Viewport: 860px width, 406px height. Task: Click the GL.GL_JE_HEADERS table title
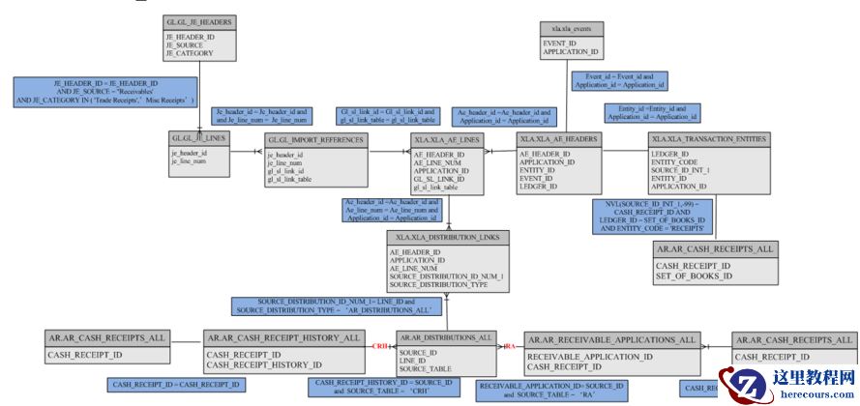199,20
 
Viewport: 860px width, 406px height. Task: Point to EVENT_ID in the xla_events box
560,43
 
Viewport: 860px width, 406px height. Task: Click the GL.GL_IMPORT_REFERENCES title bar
316,140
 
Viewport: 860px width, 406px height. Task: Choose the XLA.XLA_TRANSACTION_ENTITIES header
710,140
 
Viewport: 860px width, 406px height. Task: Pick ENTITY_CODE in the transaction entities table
680,162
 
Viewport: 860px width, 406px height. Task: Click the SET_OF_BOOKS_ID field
694,276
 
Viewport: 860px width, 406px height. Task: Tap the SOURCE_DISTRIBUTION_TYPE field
439,285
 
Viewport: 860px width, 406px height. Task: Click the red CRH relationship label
382,346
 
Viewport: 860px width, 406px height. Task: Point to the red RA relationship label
509,346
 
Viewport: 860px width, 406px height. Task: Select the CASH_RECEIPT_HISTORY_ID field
264,365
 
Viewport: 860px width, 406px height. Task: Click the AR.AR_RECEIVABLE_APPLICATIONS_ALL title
611,339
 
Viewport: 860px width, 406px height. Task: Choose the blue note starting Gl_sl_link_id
386,116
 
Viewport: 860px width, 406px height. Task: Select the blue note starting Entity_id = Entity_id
650,112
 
